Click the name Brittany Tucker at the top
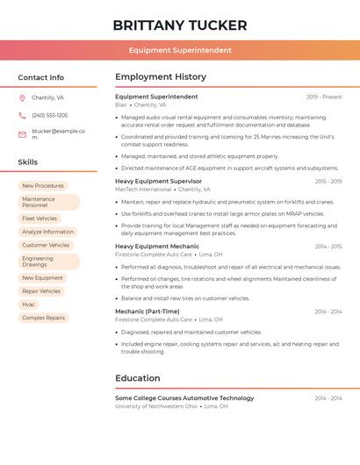click(x=180, y=25)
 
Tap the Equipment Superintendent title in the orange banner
click(x=180, y=51)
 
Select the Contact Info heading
click(x=41, y=77)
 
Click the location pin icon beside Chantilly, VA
click(x=22, y=98)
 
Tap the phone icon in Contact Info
click(x=22, y=115)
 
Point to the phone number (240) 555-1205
click(x=50, y=115)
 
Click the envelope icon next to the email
click(x=22, y=133)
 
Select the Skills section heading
click(x=28, y=162)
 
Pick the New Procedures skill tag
click(x=43, y=185)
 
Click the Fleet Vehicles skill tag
click(x=40, y=218)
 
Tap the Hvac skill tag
click(x=29, y=304)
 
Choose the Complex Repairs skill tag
click(x=43, y=318)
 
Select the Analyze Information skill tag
click(x=47, y=232)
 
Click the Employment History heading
click(x=161, y=77)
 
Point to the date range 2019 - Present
click(x=324, y=97)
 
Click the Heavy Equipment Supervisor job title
click(x=158, y=181)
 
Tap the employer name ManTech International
click(x=143, y=190)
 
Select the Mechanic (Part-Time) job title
click(x=147, y=311)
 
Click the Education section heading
click(x=138, y=378)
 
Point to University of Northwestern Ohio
click(x=155, y=406)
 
